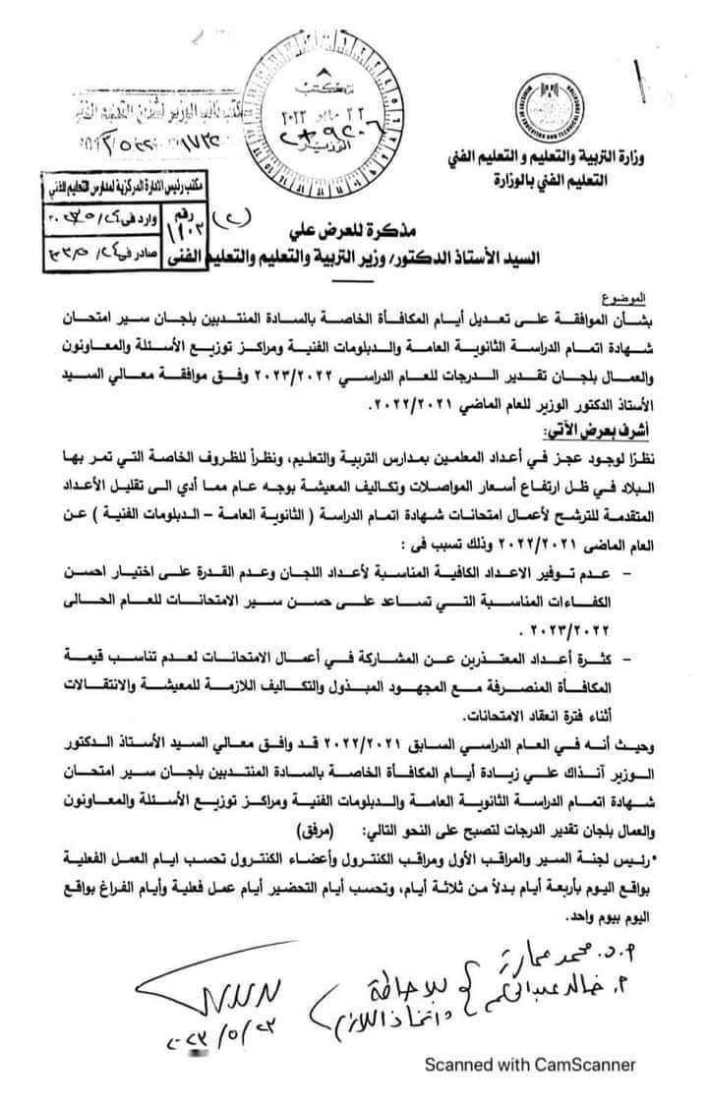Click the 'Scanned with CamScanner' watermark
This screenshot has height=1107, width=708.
(x=529, y=1064)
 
